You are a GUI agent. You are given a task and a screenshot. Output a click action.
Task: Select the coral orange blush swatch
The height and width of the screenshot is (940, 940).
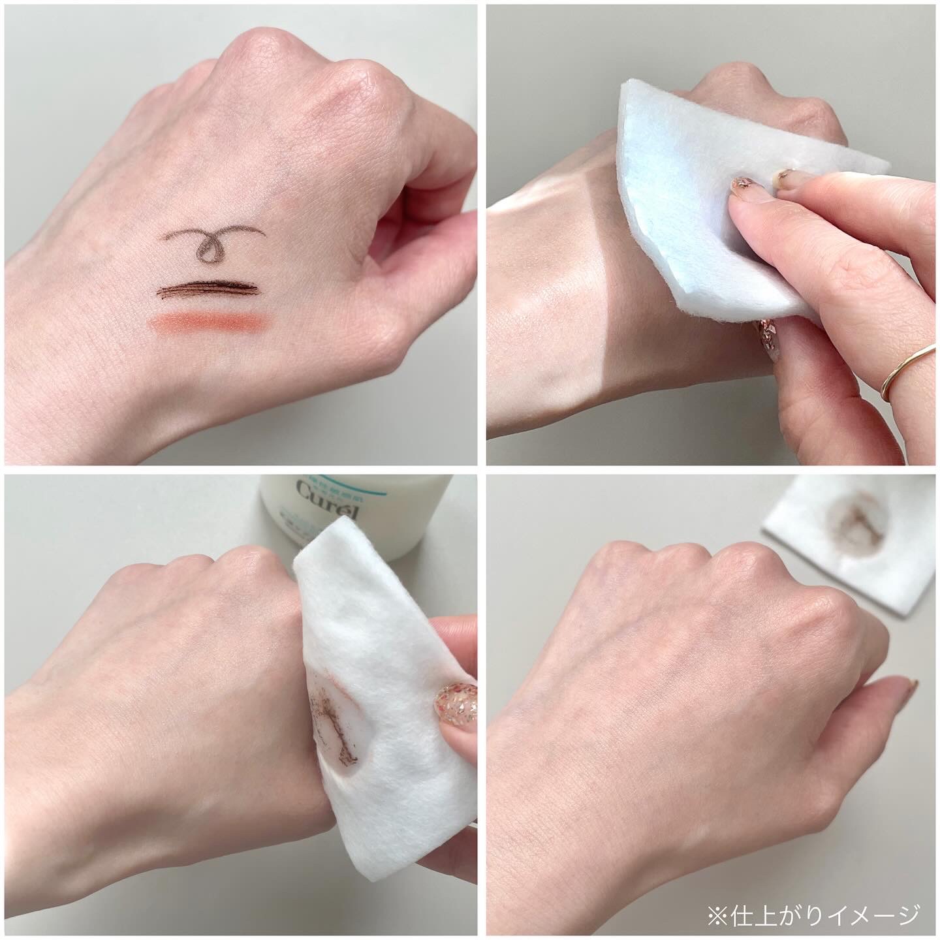(x=206, y=322)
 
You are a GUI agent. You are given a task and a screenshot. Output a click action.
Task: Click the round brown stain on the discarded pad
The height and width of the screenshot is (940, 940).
(x=849, y=522)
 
